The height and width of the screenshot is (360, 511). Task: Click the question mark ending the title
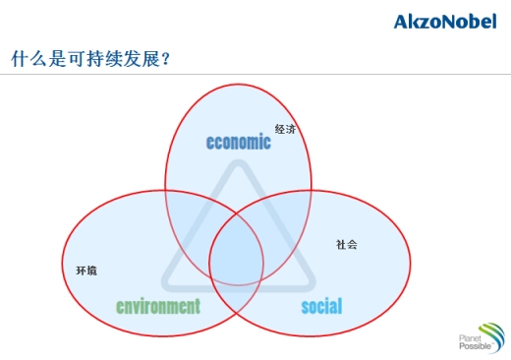(165, 60)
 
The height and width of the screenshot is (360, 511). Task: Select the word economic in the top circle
(238, 142)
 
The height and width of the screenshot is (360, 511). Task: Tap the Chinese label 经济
(285, 129)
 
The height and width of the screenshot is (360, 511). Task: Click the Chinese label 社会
(346, 244)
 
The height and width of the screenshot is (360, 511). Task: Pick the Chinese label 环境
(86, 270)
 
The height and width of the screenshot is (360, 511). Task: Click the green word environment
(157, 306)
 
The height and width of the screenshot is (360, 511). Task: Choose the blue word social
(321, 306)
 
